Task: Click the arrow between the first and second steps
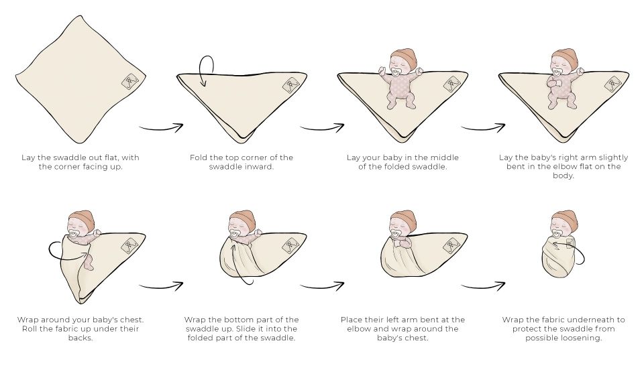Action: pos(161,127)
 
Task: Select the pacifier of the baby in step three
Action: pos(396,72)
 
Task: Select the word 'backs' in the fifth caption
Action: pos(80,338)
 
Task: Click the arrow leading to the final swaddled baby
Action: pos(483,285)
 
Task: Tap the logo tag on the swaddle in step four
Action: pos(612,84)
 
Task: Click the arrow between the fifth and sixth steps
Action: pos(161,285)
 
